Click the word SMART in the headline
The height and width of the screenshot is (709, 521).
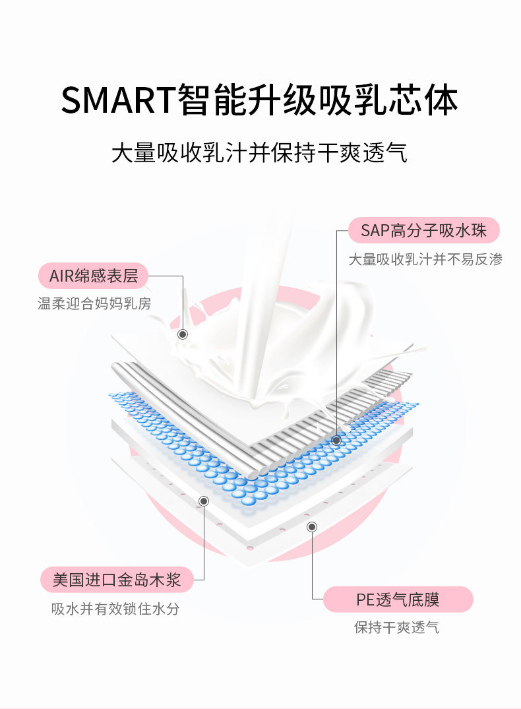pos(117,100)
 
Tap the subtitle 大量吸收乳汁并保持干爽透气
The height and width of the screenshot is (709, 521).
pos(260,152)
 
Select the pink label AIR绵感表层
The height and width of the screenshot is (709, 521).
pos(93,276)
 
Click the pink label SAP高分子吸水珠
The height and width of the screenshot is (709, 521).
pos(424,230)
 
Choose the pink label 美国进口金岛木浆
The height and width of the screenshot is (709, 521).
pos(117,580)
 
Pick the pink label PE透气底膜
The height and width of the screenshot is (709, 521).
pos(398,600)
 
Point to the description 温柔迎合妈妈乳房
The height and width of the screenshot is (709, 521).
pos(94,303)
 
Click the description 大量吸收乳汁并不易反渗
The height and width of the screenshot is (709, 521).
pos(425,259)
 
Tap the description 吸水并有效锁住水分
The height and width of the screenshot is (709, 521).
pos(115,609)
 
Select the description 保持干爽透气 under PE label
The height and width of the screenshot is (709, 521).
pos(396,628)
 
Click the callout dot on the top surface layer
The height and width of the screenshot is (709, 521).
pos(183,334)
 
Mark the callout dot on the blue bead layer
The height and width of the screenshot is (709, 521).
pos(336,441)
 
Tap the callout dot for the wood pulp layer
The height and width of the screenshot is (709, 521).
pos(204,501)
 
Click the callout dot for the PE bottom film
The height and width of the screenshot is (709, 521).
pos(311,527)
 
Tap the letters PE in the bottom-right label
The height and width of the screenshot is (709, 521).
pos(365,600)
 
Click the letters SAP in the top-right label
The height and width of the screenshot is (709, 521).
pos(375,231)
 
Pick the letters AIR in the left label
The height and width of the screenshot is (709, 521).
pos(61,276)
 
